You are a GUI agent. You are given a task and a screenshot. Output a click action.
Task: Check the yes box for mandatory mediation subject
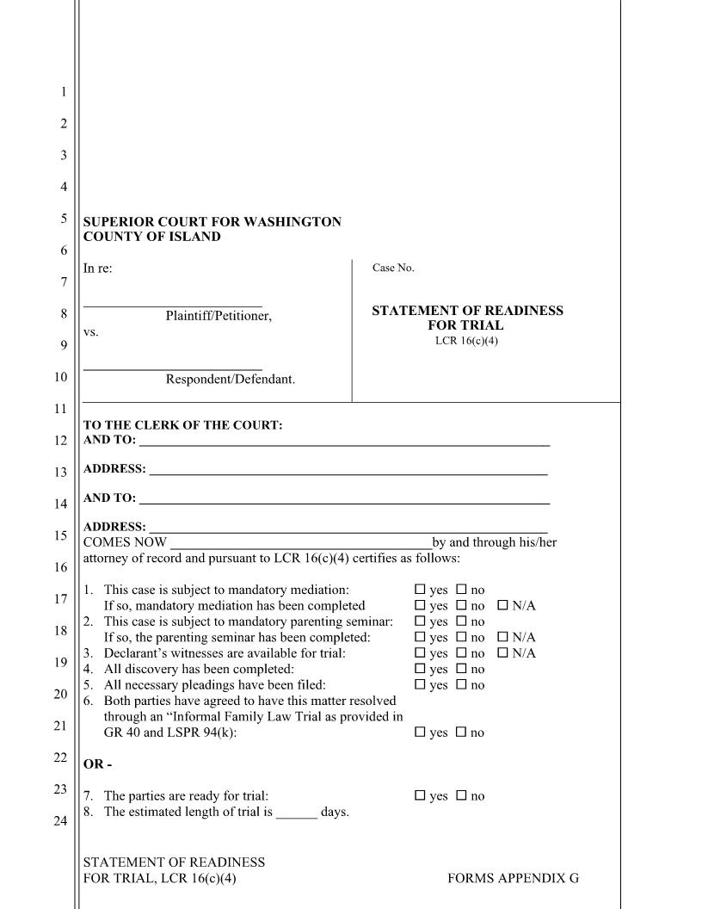tap(420, 591)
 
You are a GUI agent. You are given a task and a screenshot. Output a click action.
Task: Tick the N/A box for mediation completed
tap(503, 606)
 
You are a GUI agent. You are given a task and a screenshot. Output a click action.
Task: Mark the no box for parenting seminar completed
tap(460, 638)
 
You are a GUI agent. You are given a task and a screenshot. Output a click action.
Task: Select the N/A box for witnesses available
tap(503, 653)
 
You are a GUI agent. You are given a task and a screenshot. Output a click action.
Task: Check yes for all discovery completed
tap(420, 670)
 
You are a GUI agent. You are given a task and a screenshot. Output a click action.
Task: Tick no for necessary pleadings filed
tap(460, 685)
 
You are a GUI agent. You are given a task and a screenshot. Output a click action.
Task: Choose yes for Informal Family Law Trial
tap(420, 733)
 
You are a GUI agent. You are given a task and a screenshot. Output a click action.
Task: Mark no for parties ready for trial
tap(460, 796)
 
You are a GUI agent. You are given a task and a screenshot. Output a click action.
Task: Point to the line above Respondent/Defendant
tap(172, 369)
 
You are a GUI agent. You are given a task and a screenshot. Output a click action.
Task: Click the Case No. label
tap(393, 269)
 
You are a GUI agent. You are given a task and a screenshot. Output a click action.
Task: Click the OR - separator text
tap(97, 764)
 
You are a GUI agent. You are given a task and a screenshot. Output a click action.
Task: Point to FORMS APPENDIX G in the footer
tap(513, 878)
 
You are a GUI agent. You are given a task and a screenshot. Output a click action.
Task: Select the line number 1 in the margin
tap(63, 92)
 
